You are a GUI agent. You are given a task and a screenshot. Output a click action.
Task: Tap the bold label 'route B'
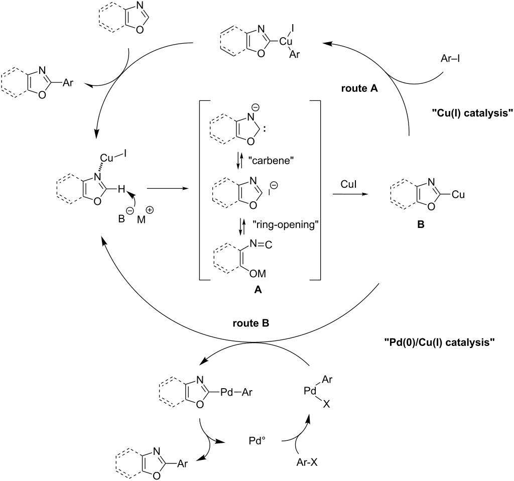251,323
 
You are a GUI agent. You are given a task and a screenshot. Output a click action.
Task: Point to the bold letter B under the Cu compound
420,224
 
